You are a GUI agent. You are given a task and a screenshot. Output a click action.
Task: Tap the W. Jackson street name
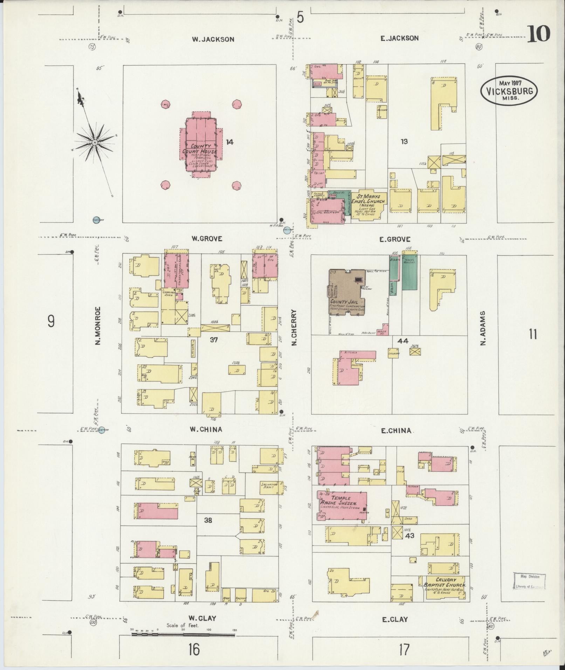(x=213, y=39)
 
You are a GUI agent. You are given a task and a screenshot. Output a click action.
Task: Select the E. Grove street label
(x=394, y=240)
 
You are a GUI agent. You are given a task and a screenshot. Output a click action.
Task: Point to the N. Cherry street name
(x=294, y=327)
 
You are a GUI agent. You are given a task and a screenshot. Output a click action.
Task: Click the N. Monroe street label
(x=98, y=325)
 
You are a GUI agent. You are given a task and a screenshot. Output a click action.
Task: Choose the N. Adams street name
(x=484, y=328)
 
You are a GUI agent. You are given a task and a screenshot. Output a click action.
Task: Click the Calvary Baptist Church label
(x=445, y=582)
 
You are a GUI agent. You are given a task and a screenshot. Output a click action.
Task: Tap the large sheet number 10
(x=539, y=34)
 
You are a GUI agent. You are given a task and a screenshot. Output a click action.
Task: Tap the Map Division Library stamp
(x=529, y=582)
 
